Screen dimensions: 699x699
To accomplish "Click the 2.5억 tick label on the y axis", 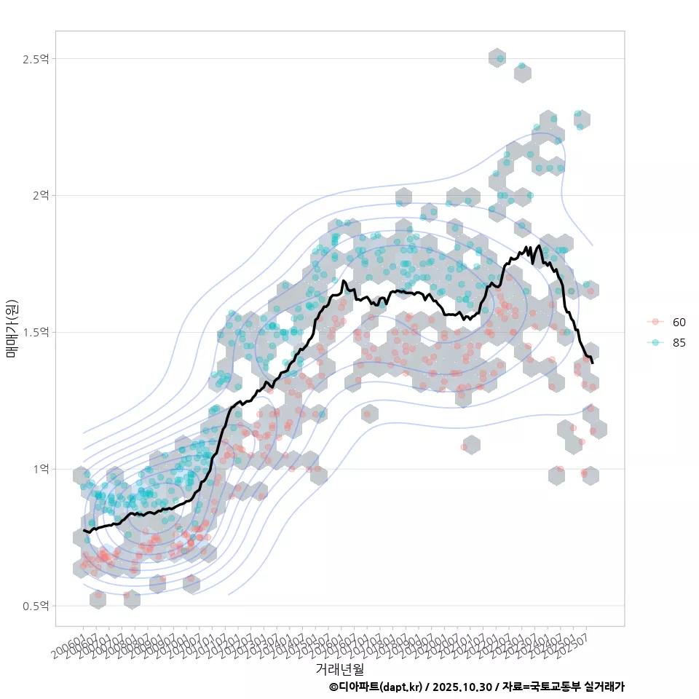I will point(37,59).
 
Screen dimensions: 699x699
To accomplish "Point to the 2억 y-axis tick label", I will point(40,195).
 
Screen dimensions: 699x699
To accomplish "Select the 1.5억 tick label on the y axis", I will point(37,332).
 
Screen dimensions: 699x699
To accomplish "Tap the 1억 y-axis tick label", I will point(40,469).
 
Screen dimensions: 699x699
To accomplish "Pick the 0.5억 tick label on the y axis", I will point(37,606).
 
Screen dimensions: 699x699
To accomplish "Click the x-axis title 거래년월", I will point(339,668).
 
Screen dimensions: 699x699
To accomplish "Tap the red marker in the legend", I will point(656,322).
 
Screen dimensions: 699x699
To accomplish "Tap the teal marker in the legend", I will point(656,343).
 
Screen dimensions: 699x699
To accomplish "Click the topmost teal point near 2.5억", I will point(499,58).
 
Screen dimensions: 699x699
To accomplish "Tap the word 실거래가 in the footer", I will point(604,687).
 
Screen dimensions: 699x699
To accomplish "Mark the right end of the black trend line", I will point(593,363).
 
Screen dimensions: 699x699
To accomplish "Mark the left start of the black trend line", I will point(84,531).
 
